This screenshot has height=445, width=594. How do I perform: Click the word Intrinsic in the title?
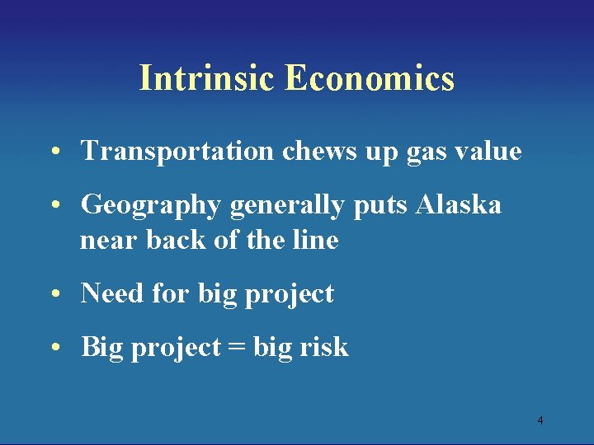click(208, 78)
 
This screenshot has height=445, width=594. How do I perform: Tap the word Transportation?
click(177, 152)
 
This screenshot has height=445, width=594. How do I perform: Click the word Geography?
click(151, 205)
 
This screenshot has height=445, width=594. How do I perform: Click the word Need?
click(111, 293)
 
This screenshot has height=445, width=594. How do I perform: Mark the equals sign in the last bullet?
click(235, 348)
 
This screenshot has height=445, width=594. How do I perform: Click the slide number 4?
click(540, 421)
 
